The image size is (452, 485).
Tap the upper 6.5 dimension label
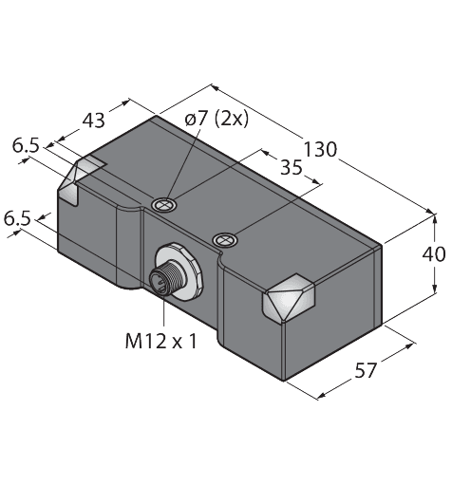point(26,147)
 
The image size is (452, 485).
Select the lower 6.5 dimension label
point(17,220)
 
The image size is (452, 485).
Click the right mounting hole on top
point(224,239)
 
